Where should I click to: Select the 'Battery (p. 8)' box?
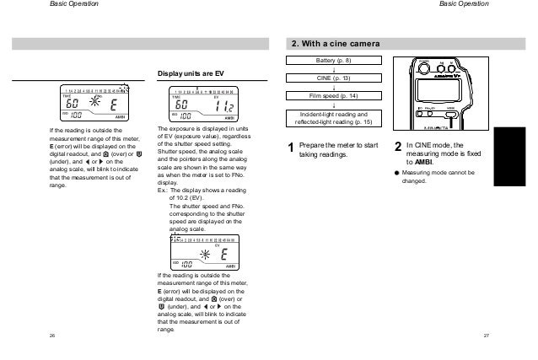pos(336,62)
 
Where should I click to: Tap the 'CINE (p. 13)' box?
pos(336,79)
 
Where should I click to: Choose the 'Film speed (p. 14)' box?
pos(336,97)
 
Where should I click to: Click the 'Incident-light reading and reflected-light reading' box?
pos(336,119)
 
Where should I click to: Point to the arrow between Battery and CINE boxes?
pos(336,70)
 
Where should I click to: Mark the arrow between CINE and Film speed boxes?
pos(336,88)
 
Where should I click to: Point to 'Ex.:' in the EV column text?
pos(163,191)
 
